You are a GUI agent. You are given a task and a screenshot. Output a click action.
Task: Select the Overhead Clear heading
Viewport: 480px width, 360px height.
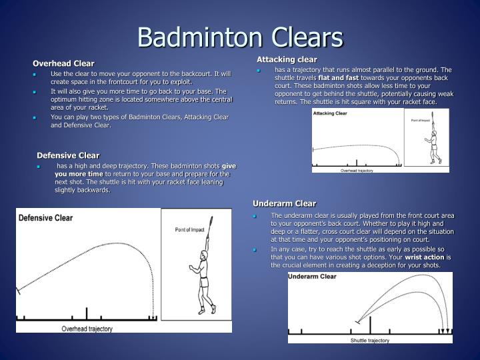click(x=64, y=63)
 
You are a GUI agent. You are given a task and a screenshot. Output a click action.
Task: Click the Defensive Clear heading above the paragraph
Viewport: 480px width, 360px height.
click(x=68, y=155)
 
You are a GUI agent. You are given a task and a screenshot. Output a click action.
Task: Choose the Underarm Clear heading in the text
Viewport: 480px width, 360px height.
click(x=284, y=203)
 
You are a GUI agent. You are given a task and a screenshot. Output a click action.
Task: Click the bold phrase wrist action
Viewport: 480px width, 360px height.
click(x=425, y=257)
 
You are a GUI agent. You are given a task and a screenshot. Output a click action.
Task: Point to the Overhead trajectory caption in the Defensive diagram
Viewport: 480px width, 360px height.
click(x=88, y=328)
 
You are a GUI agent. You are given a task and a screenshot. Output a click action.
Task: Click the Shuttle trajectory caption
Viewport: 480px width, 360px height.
click(x=369, y=340)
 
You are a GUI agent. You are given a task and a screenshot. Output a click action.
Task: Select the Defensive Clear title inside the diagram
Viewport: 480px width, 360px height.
click(x=45, y=218)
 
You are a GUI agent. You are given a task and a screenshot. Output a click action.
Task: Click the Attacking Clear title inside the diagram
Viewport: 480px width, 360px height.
click(x=331, y=114)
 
